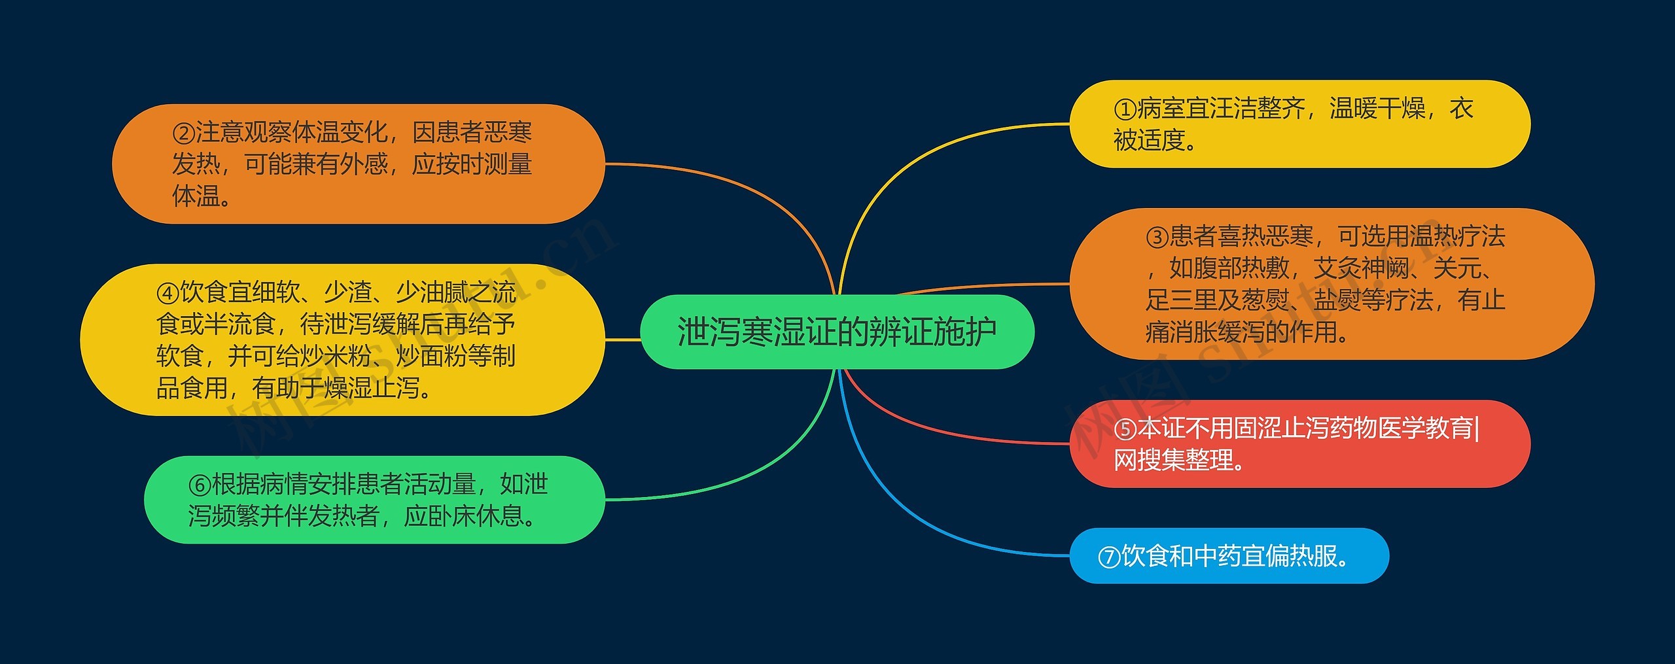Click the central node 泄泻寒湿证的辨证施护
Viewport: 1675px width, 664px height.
pos(837,332)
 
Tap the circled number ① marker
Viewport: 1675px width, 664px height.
pos(1125,109)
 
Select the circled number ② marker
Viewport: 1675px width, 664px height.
pos(183,133)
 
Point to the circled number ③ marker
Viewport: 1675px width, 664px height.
pos(1157,237)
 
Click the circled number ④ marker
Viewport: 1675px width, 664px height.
pos(167,293)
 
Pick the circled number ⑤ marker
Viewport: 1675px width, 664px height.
pos(1125,429)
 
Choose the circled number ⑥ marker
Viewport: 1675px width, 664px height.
pos(200,485)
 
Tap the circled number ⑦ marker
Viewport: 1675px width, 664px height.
pos(1109,557)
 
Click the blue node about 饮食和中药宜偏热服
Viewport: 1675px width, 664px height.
pos(1229,556)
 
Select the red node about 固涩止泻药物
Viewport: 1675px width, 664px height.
pos(1299,444)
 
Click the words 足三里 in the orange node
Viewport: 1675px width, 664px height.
pos(1181,300)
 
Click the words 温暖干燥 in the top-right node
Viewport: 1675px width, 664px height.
pos(1377,109)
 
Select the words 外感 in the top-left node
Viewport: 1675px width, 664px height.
pos(364,164)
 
